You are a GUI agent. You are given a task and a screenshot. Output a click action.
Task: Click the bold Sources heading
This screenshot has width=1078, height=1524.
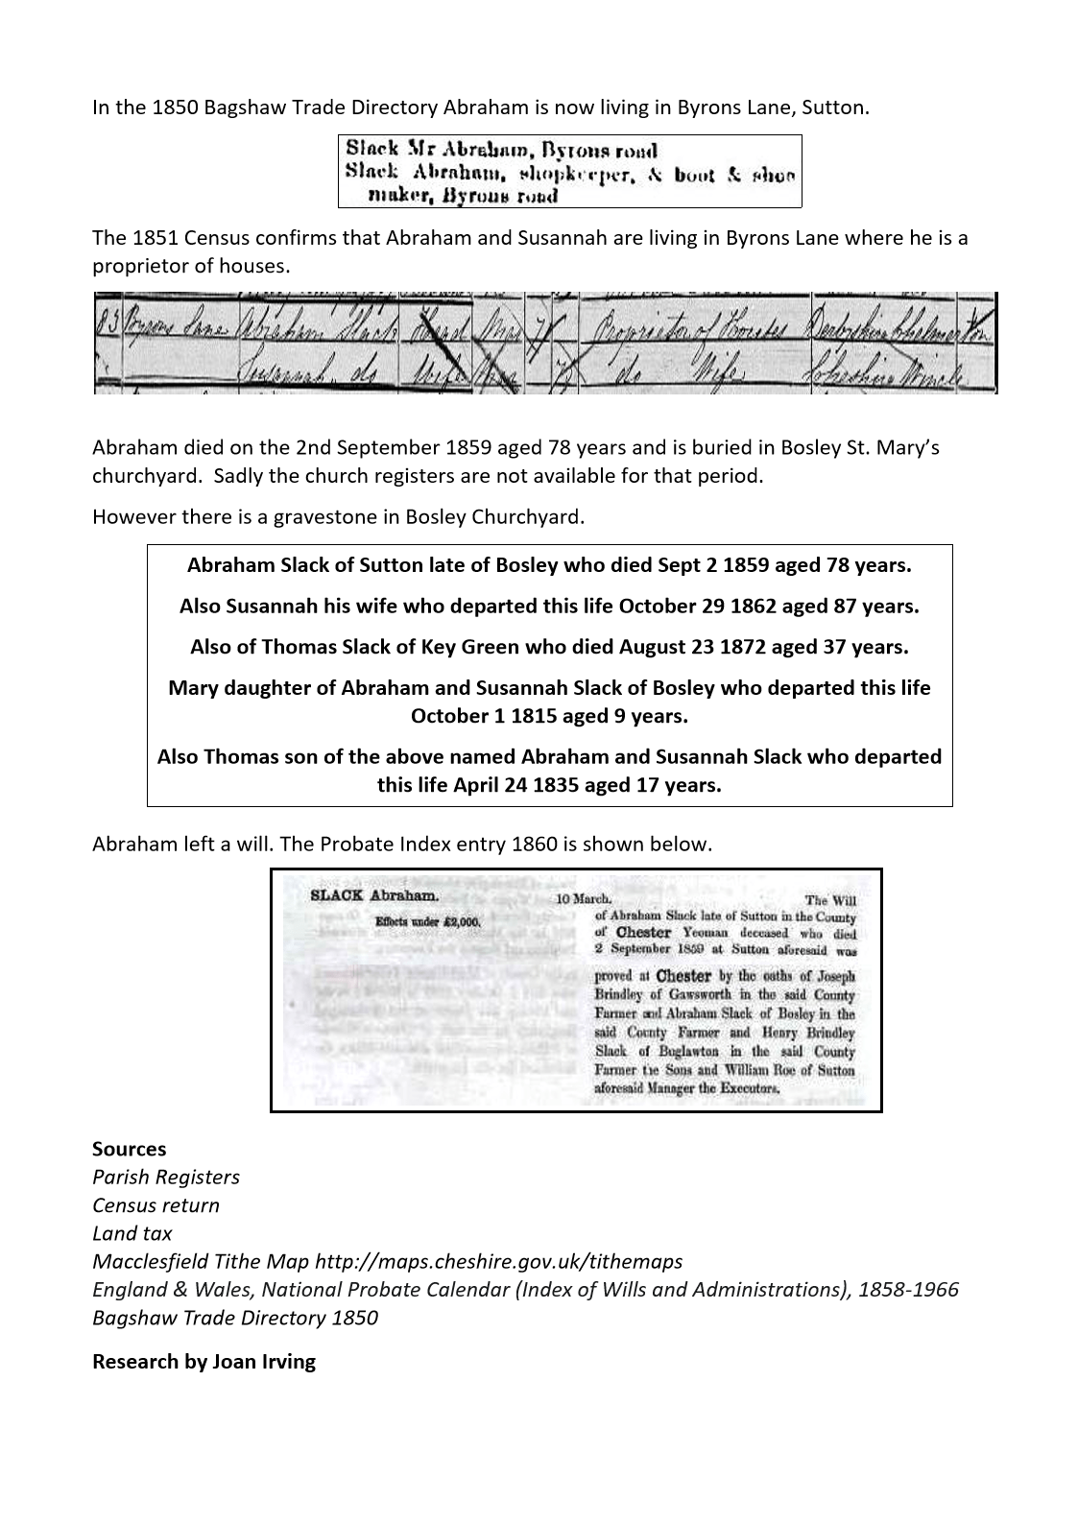point(129,1149)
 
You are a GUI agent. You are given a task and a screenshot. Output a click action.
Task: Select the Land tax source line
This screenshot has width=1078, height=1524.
point(132,1233)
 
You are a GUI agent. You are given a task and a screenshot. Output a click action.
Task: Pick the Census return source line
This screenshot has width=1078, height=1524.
point(156,1205)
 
